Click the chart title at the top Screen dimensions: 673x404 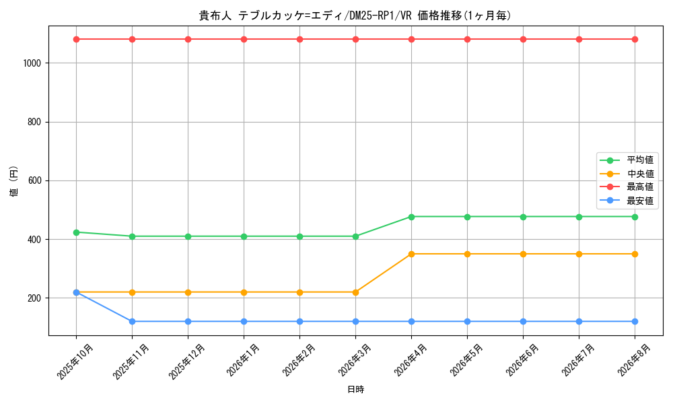(355, 15)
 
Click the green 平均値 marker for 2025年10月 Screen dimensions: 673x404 (77, 232)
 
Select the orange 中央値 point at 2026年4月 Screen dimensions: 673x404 (411, 254)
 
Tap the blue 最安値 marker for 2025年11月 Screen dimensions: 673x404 (132, 322)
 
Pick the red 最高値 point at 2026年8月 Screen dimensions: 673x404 (635, 40)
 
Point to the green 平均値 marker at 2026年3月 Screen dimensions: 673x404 (355, 236)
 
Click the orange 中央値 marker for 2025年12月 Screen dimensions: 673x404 (188, 292)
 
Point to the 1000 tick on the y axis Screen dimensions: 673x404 (32, 63)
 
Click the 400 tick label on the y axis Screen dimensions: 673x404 (34, 240)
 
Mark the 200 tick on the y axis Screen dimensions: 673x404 (34, 298)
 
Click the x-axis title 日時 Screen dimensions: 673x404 (355, 389)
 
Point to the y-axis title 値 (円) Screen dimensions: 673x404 (14, 180)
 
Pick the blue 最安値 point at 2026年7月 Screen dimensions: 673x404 (579, 322)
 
